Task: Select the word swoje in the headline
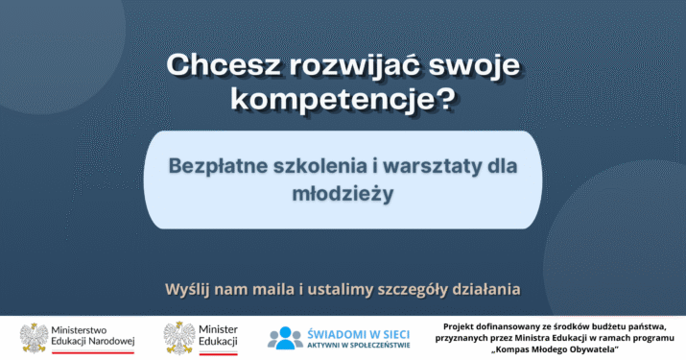coord(474,65)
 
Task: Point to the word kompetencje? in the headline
coord(343,100)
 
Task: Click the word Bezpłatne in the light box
coord(218,165)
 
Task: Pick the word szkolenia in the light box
coord(320,165)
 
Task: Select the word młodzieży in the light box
coord(343,194)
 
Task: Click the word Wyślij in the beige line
coord(187,290)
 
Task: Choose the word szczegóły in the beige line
coord(413,290)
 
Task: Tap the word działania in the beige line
coord(486,289)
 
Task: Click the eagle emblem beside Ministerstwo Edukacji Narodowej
coord(35,338)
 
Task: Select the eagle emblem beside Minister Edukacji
coord(179,338)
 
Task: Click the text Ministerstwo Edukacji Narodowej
coord(93,335)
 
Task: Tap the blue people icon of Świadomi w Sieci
coord(285,338)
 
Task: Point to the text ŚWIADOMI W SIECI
coord(358,335)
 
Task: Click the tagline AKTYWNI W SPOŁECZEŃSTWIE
coord(358,346)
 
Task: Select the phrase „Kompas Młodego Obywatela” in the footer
coord(555,349)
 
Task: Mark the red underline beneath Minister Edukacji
coord(218,352)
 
